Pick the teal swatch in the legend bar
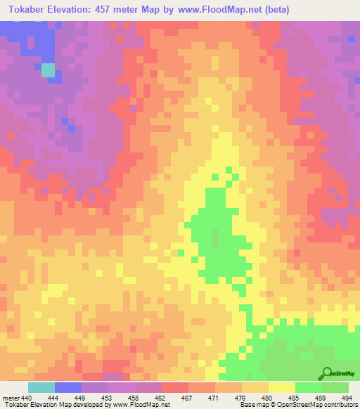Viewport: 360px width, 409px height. [41, 387]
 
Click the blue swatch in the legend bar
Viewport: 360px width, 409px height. [67, 387]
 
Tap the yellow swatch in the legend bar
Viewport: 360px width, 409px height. [281, 387]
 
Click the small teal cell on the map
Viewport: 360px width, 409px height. [48, 70]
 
